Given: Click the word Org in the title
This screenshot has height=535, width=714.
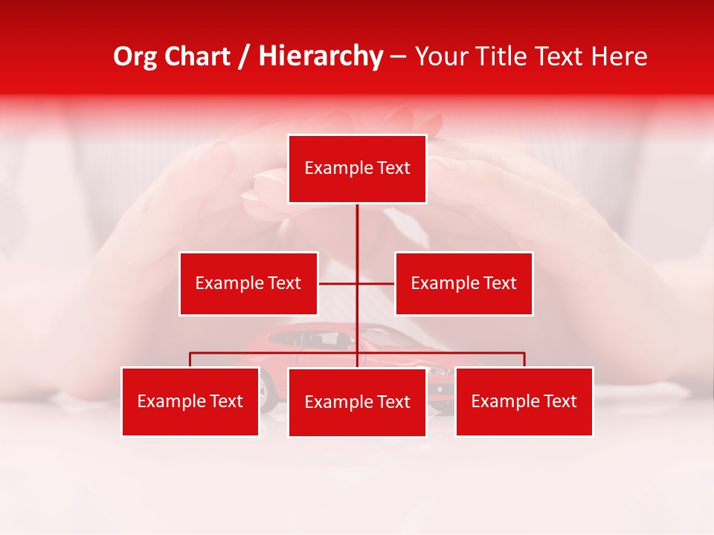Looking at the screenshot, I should [135, 56].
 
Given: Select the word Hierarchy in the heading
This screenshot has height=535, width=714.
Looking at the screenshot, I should [321, 56].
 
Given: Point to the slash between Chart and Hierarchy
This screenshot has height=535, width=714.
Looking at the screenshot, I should [244, 56].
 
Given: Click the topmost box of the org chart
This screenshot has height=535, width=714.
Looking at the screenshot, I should [357, 169].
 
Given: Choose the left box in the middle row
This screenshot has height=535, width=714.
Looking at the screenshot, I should [248, 283].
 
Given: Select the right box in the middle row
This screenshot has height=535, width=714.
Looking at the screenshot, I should [463, 283].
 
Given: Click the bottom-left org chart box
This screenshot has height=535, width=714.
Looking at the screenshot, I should [190, 401].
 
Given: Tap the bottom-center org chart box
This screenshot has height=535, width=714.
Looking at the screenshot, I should [357, 402].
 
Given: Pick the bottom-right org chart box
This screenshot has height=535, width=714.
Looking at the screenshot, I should [524, 401].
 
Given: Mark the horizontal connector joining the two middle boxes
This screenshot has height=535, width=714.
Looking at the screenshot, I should [356, 283].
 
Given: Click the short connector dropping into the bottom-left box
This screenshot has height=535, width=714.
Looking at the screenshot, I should [190, 360].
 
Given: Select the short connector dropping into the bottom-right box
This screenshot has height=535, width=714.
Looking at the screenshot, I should [524, 360].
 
